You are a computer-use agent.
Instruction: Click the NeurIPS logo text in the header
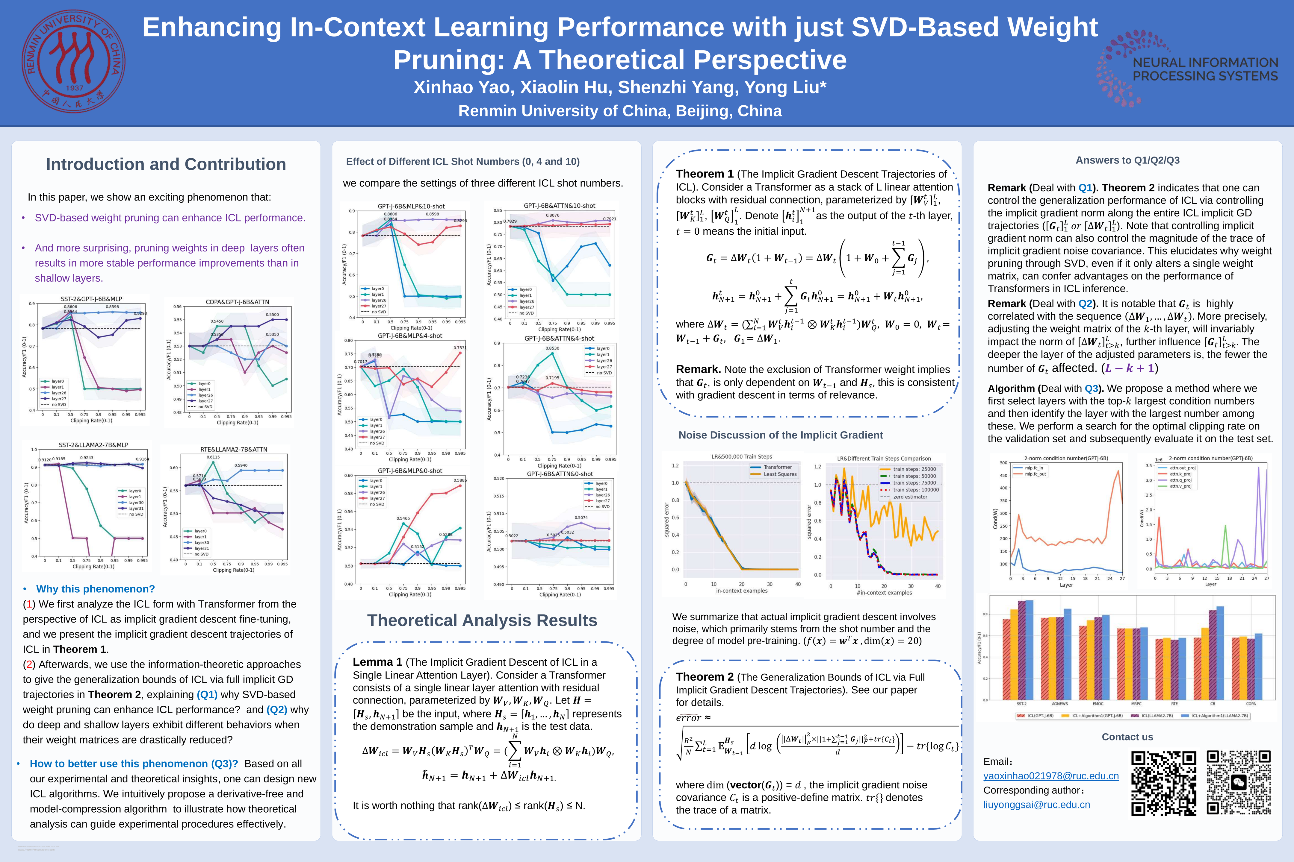[x=1205, y=69]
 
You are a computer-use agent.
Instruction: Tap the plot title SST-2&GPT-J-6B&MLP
[x=91, y=299]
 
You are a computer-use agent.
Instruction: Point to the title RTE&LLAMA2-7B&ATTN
[x=234, y=449]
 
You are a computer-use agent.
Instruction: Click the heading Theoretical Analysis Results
[x=482, y=620]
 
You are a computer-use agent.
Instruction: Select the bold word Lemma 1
[x=377, y=662]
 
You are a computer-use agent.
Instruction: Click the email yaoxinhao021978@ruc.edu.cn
[x=1051, y=776]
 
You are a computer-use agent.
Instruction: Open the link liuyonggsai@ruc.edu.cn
[x=1036, y=804]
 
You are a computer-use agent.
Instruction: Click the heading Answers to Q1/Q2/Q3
[x=1127, y=160]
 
